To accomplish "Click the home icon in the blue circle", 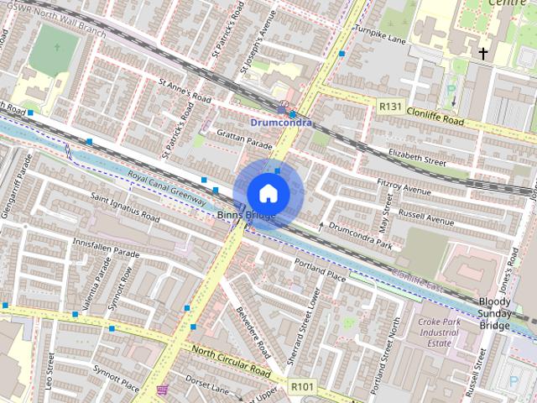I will (268, 193).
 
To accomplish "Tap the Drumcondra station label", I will (281, 123).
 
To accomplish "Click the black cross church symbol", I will (483, 55).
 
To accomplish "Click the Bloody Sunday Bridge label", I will (494, 313).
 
